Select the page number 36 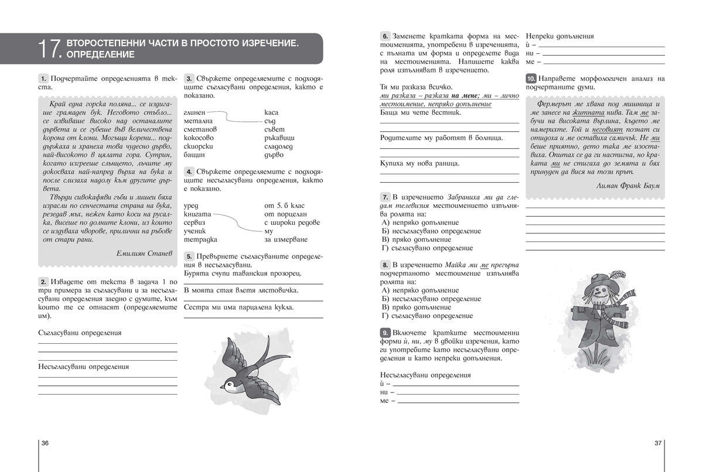point(45,443)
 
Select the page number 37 point(657,443)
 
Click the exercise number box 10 point(531,78)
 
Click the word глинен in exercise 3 point(194,112)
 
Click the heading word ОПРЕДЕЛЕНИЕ point(101,55)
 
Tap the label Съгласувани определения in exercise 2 point(80,333)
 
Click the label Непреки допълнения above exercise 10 point(561,36)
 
